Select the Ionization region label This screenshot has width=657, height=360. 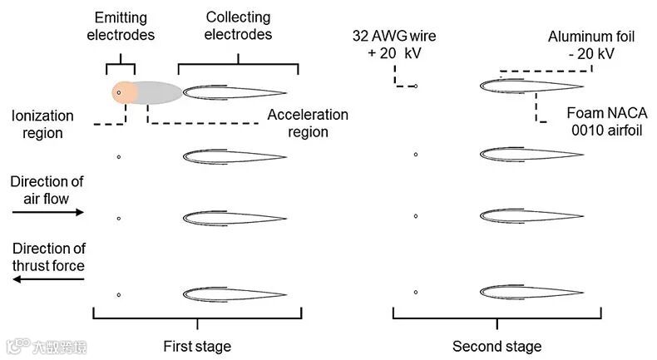[x=42, y=125]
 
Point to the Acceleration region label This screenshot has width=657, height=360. [x=307, y=123]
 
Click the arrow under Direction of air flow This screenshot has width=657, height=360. [x=48, y=213]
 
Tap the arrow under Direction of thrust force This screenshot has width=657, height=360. [x=48, y=280]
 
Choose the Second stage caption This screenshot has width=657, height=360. [x=496, y=346]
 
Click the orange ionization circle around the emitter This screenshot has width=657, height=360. [x=120, y=92]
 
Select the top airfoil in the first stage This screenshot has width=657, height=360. [x=235, y=92]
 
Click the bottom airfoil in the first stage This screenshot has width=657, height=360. [x=235, y=294]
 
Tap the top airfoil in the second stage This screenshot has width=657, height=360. [x=531, y=85]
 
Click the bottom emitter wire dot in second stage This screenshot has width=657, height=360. [x=416, y=293]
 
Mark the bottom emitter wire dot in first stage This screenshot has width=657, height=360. [x=119, y=294]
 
